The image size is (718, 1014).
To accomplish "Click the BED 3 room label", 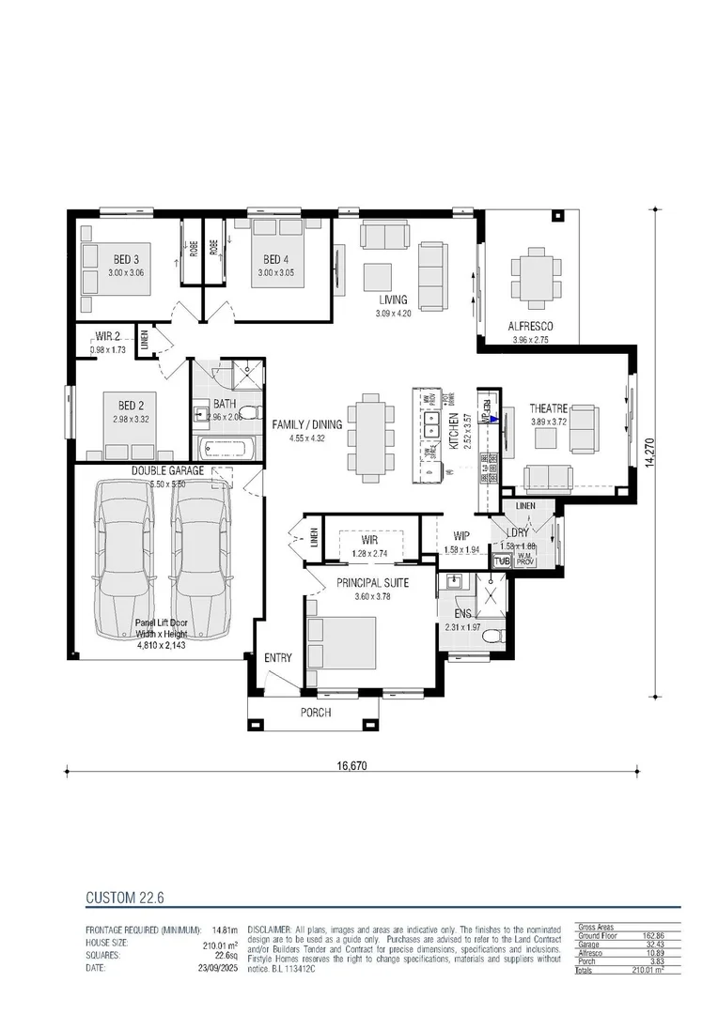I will [x=127, y=259].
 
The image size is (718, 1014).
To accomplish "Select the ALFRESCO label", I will [x=531, y=326].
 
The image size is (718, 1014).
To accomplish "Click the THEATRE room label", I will [x=548, y=408].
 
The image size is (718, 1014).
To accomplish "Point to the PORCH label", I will [x=316, y=713].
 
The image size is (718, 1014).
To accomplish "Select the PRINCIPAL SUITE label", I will [x=372, y=583].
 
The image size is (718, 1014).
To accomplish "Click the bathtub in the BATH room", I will [x=226, y=447].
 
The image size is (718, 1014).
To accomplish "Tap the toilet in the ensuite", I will [x=490, y=637].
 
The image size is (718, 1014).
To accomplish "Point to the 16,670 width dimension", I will [x=351, y=766].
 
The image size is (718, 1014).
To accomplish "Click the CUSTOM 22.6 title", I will [x=125, y=898].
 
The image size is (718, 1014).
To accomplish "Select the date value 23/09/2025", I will [x=214, y=967].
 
